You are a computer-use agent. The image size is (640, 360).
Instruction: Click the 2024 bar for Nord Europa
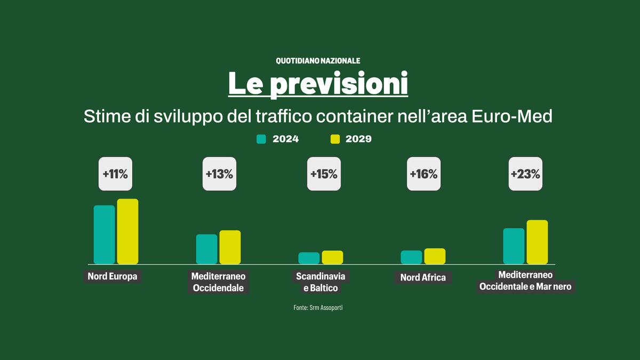(104, 235)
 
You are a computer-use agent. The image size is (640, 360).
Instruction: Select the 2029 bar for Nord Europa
(127, 231)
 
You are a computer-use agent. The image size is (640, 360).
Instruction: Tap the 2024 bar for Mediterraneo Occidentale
(206, 249)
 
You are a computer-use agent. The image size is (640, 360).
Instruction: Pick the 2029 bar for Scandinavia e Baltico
(332, 257)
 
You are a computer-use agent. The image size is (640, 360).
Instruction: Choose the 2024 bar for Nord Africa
(411, 257)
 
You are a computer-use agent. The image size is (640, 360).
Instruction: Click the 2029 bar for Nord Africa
(435, 256)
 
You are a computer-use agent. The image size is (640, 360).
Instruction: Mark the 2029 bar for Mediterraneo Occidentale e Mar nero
(537, 242)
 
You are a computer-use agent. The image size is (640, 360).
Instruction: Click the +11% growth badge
(115, 174)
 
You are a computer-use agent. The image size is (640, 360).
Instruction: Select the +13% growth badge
(219, 174)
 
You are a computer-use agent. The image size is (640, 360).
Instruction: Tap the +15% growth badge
(324, 174)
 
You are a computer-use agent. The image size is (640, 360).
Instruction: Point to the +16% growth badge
(423, 174)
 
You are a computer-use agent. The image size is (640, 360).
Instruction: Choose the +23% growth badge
(525, 174)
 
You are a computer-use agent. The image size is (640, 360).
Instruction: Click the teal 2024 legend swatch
(261, 139)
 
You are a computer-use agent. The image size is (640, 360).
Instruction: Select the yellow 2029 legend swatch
(335, 139)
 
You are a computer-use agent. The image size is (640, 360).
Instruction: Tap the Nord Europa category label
(113, 276)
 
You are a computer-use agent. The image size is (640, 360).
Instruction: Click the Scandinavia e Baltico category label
(321, 282)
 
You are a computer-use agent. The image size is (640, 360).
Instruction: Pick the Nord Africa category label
(423, 277)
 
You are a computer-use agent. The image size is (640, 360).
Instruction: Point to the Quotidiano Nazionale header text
(318, 61)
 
